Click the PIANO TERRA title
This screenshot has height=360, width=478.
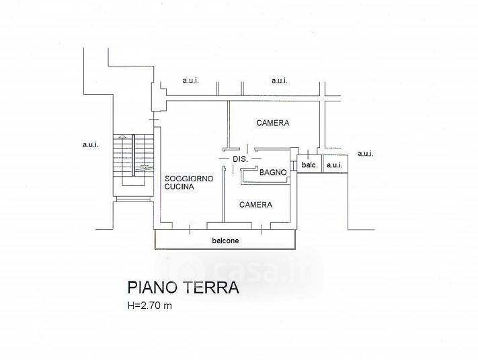183,287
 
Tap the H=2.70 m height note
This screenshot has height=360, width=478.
150,306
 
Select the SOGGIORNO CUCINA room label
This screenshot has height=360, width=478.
189,183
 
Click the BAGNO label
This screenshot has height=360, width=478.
273,173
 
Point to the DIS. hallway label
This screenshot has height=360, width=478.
241,159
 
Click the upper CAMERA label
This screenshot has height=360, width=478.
272,123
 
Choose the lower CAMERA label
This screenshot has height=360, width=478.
255,205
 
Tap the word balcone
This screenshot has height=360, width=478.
225,240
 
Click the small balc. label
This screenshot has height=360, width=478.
309,165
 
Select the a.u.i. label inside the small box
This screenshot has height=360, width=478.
334,165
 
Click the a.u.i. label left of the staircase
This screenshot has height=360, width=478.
91,144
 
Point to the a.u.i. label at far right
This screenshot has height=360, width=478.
366,154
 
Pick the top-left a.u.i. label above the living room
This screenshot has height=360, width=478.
191,81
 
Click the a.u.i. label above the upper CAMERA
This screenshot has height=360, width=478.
280,81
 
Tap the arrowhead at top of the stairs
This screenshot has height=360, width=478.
122,136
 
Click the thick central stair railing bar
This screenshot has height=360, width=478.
133,155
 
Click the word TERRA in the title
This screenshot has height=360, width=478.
211,287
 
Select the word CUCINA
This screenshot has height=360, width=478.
180,187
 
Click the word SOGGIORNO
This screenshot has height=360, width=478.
189,179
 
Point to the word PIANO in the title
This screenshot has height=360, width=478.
153,287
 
